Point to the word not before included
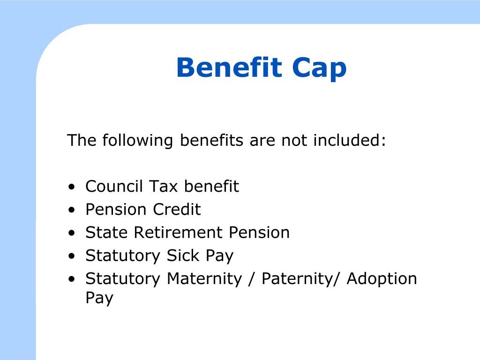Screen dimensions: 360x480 [294, 140]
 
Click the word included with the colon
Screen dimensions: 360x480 [349, 140]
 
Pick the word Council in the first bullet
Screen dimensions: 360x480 [114, 186]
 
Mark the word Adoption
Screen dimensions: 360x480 [382, 279]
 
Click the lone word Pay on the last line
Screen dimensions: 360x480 [99, 298]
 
